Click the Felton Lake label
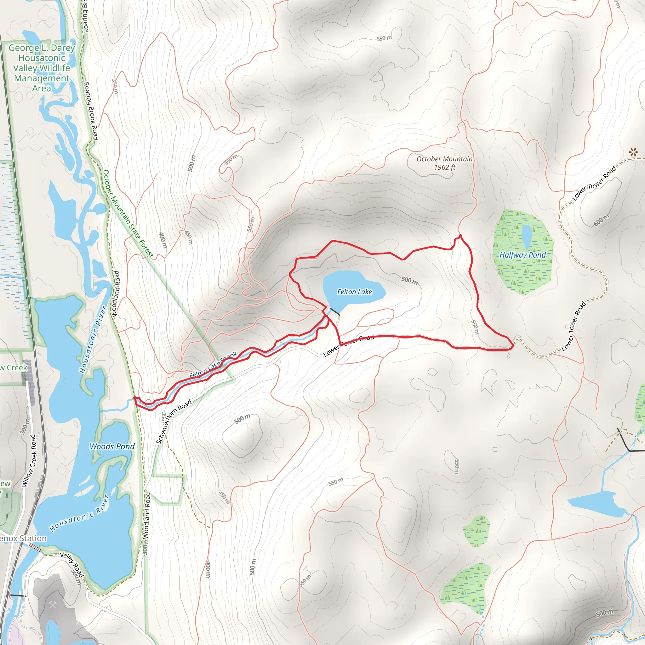(x=354, y=292)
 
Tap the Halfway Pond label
(x=522, y=255)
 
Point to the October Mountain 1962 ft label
(x=444, y=163)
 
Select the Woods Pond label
(x=112, y=446)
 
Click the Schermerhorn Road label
(x=174, y=422)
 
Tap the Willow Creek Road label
(x=28, y=460)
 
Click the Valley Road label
(x=72, y=564)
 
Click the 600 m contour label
(x=601, y=220)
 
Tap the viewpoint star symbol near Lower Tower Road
(x=633, y=152)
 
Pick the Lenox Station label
(x=23, y=538)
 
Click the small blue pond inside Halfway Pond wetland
(x=527, y=235)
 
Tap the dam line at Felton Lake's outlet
(x=335, y=312)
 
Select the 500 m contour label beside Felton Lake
(x=409, y=280)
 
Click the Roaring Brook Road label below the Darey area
(x=90, y=111)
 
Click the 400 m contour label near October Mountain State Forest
(x=163, y=240)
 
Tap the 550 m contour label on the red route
(x=475, y=327)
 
